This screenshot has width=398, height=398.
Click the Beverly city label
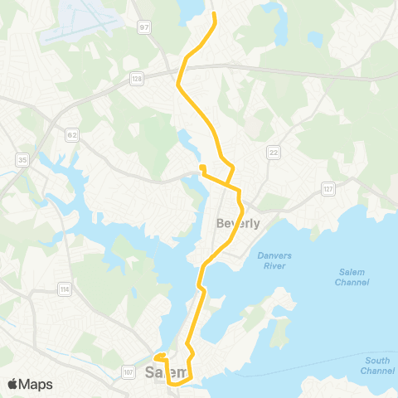pos(238,223)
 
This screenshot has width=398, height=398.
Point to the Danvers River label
pos(274,260)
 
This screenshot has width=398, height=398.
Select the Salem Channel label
pos(357,277)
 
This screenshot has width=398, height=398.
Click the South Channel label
pos(376,365)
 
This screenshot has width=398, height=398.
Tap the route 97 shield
pos(145,27)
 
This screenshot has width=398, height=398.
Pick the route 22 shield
pos(273,153)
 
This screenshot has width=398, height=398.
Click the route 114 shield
pos(64,289)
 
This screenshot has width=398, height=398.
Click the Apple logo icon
pos(12,384)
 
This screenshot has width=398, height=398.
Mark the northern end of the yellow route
pos(214,14)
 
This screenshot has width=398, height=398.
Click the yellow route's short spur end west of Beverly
pos(201,167)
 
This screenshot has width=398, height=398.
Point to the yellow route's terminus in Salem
pos(157,358)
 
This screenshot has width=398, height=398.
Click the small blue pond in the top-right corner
pos(315,38)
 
